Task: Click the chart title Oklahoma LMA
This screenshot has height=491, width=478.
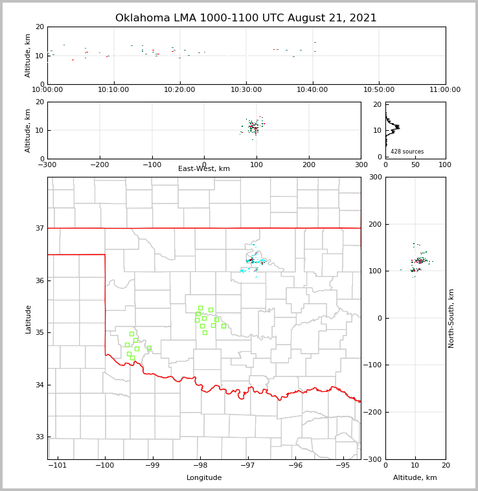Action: [x=245, y=18]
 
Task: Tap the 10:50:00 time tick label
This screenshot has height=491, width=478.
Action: [x=379, y=89]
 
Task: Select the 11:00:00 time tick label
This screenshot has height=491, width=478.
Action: [x=445, y=89]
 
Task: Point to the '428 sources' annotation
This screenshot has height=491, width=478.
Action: [x=407, y=152]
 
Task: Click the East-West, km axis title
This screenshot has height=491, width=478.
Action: [x=204, y=169]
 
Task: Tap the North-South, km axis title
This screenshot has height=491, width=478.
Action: [x=451, y=318]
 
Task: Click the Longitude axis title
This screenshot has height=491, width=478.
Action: [x=204, y=478]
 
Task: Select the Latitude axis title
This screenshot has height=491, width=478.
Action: [x=28, y=319]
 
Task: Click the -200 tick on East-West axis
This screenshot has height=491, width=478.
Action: [x=99, y=165]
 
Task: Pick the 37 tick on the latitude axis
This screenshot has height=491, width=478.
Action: [x=40, y=228]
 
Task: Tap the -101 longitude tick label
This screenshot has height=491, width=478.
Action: [x=58, y=465]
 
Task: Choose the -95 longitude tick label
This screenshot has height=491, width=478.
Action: [x=343, y=465]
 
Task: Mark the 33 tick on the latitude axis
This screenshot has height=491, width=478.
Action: [x=40, y=437]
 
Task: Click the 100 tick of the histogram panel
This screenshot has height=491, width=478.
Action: [x=445, y=165]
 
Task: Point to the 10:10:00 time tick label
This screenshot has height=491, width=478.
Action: [x=113, y=89]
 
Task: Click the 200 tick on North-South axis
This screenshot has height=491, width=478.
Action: [x=374, y=224]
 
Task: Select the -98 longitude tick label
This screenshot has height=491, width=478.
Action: [x=200, y=465]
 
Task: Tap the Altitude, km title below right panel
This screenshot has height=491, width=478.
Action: [x=415, y=478]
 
